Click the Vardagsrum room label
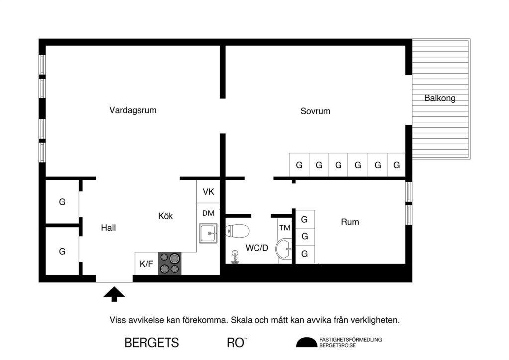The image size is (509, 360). [133, 110]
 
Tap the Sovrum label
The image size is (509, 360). [315, 111]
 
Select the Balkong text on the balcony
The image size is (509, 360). [440, 98]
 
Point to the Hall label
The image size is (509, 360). [108, 228]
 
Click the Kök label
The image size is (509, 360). [166, 216]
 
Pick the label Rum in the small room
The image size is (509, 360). [350, 222]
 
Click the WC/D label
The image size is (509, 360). [256, 247]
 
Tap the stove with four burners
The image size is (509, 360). [170, 264]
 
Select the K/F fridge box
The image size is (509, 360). [146, 264]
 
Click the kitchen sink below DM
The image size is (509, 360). [209, 233]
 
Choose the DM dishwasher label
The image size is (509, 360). [208, 213]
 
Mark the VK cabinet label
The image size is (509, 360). [208, 192]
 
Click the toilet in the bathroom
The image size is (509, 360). [237, 231]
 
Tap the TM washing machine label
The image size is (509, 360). [284, 228]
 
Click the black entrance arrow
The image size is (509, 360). [114, 294]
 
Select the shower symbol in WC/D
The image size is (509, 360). [235, 256]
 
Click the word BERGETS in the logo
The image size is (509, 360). [152, 343]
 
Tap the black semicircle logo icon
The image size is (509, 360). [306, 342]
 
